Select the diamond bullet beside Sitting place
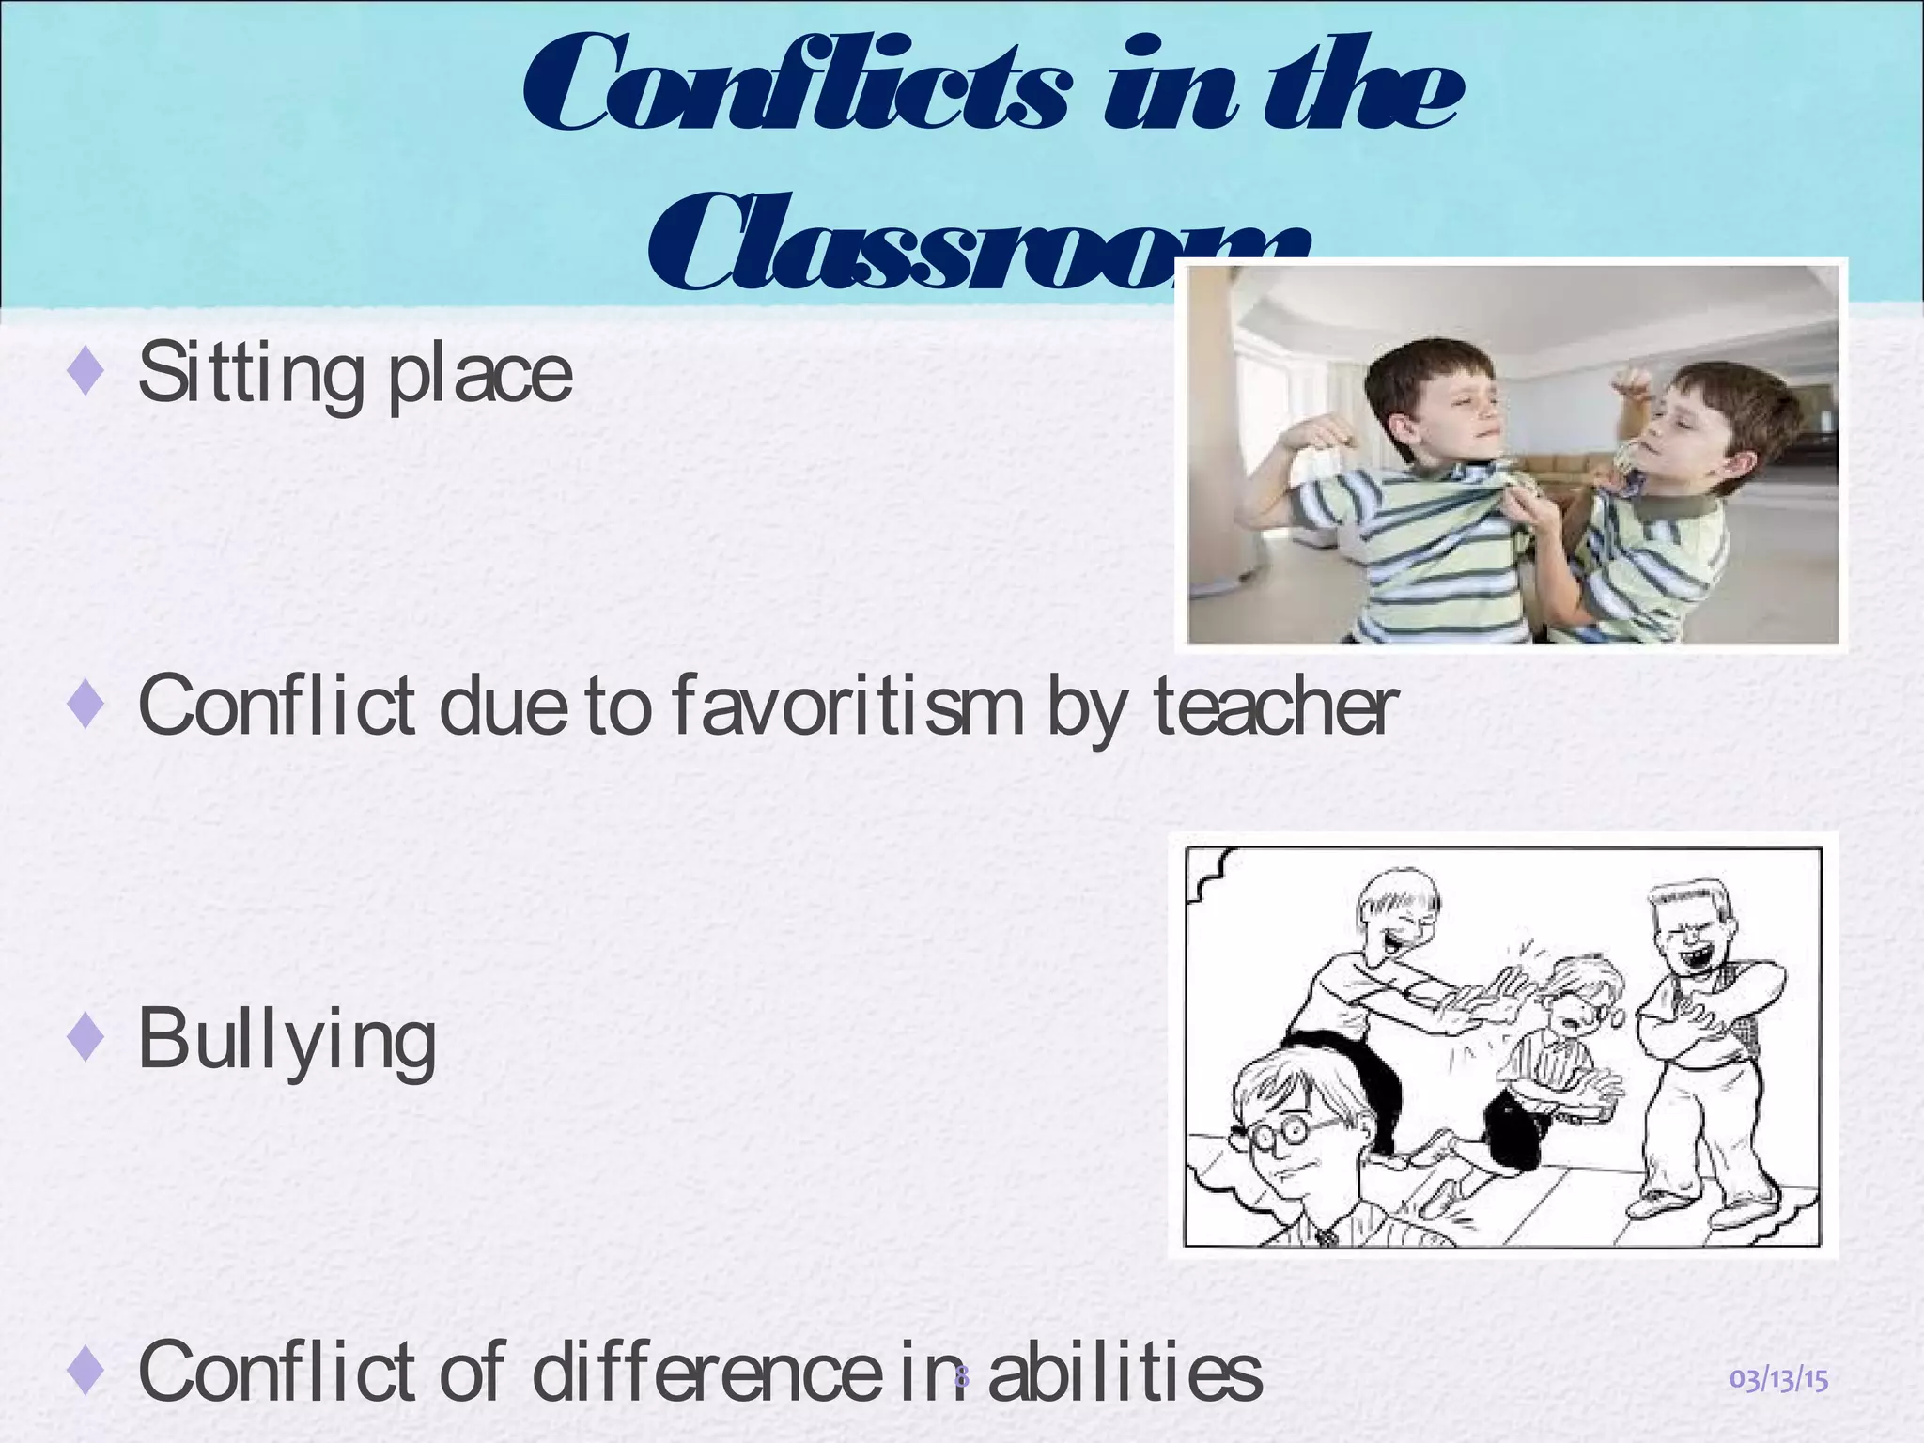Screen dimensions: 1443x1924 tap(85, 373)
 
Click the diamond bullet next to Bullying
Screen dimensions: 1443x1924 tap(85, 1040)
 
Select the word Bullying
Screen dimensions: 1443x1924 tap(287, 1040)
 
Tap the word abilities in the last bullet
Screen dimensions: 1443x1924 tap(1125, 1373)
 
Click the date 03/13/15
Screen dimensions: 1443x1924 tap(1778, 1380)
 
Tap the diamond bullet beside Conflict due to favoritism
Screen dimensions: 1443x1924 tap(85, 706)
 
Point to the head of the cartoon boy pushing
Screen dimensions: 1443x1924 tap(1400, 916)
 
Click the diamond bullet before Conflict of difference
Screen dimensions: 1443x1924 tap(85, 1373)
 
